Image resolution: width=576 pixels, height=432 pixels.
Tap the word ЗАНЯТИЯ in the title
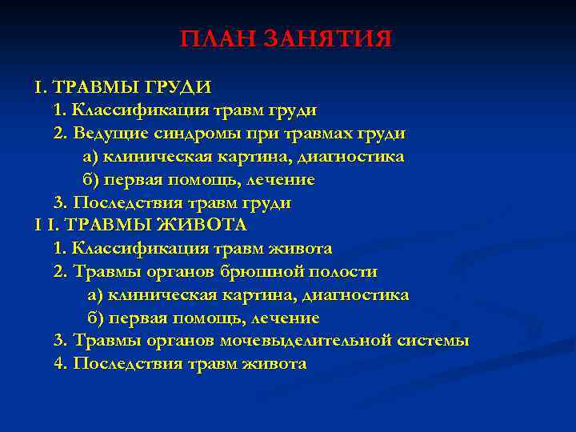[328, 39]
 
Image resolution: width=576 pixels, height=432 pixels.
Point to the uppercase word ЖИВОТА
[206, 226]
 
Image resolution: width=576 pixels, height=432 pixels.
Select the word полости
[345, 272]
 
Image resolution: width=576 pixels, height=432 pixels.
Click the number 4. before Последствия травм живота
[61, 364]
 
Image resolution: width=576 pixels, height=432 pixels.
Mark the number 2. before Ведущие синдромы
[61, 133]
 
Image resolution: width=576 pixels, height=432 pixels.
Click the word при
[266, 133]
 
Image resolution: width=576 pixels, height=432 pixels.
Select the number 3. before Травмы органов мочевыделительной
[61, 341]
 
